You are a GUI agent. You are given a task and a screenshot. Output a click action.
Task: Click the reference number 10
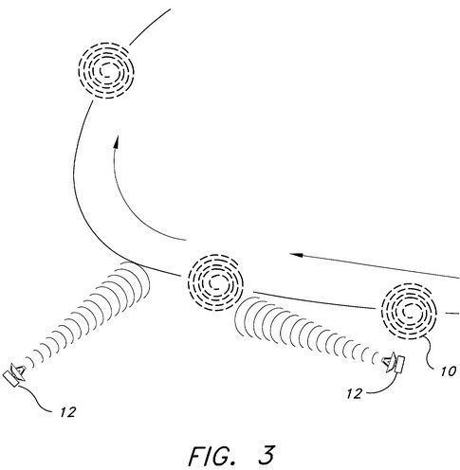tap(449, 371)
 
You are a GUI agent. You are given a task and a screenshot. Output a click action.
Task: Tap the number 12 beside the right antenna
tap(355, 394)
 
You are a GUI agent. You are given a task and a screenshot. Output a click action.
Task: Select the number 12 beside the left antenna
tap(68, 412)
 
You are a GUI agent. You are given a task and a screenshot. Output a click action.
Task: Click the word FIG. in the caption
tap(212, 456)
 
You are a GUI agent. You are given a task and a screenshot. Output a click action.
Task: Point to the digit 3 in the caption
tap(267, 455)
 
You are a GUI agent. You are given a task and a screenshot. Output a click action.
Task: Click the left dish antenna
tap(16, 373)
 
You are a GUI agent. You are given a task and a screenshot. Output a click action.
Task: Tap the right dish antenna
tap(394, 364)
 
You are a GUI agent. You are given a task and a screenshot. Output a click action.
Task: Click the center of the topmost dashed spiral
tap(106, 71)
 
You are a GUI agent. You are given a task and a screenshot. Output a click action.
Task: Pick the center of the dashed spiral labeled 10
tap(409, 311)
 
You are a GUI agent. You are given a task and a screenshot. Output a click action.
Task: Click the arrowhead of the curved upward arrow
tap(117, 142)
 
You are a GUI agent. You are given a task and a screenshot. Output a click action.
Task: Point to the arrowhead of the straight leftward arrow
tap(296, 254)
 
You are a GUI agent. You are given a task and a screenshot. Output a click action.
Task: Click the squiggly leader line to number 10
tap(430, 352)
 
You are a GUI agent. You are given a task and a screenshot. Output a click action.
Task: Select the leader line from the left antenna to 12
tap(37, 399)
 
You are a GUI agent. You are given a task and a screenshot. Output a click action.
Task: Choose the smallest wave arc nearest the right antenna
tap(375, 358)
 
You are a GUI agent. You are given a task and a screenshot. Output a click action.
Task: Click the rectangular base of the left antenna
tap(10, 379)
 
